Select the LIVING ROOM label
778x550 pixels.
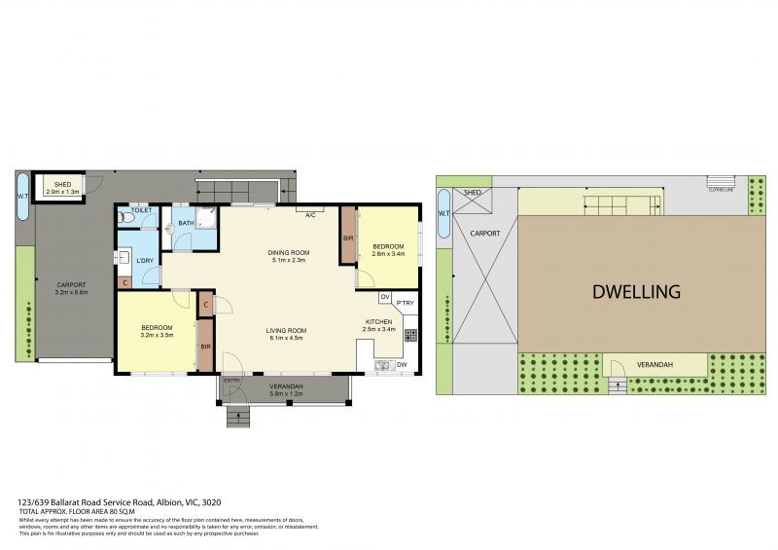(287, 331)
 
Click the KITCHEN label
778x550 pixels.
(378, 322)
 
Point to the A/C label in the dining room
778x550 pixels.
(311, 214)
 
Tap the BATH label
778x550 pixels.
(186, 223)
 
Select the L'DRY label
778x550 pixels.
(145, 260)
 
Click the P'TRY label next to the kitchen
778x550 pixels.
(405, 303)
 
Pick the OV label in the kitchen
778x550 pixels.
(384, 297)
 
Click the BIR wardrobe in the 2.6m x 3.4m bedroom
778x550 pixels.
(347, 237)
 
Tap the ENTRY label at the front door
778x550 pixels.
(231, 380)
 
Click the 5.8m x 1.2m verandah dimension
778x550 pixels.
(286, 393)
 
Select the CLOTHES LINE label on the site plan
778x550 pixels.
(721, 189)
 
